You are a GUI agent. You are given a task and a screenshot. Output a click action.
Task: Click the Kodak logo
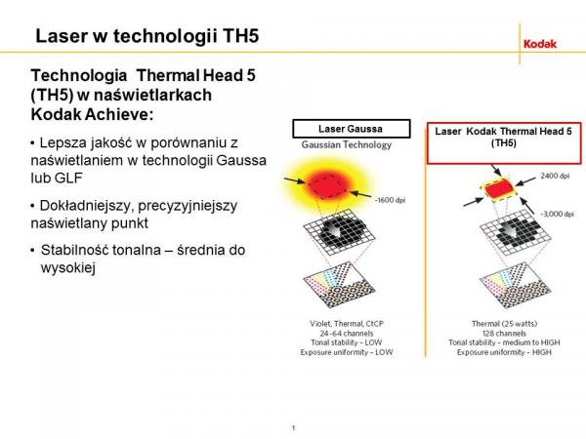click(540, 44)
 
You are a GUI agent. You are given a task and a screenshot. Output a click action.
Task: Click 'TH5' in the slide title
click(241, 36)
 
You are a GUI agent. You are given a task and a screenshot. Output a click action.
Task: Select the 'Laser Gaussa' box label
click(351, 129)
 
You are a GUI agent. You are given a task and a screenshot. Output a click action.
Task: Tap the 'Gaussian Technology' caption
click(347, 144)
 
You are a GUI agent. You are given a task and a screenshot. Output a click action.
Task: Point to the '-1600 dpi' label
click(390, 200)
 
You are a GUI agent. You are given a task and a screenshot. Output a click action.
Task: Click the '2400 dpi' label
click(555, 176)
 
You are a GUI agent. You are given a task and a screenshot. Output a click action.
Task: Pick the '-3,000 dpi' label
click(557, 214)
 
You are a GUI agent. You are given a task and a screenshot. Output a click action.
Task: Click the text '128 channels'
click(504, 333)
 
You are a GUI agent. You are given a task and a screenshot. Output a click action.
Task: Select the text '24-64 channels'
click(347, 333)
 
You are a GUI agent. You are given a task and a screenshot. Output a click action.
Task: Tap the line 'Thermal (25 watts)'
click(504, 324)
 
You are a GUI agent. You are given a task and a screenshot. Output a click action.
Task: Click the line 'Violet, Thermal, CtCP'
click(347, 324)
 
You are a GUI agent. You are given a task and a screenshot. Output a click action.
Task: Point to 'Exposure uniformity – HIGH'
click(504, 352)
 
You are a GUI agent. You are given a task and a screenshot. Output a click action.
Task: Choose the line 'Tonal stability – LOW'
click(347, 342)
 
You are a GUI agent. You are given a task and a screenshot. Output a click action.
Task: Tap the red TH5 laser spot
click(500, 188)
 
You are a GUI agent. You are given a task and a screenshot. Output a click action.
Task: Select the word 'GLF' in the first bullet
click(68, 179)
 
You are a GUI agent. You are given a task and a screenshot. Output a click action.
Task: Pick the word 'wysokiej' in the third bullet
click(68, 267)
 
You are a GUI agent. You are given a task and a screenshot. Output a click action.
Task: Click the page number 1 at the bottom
click(293, 428)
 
